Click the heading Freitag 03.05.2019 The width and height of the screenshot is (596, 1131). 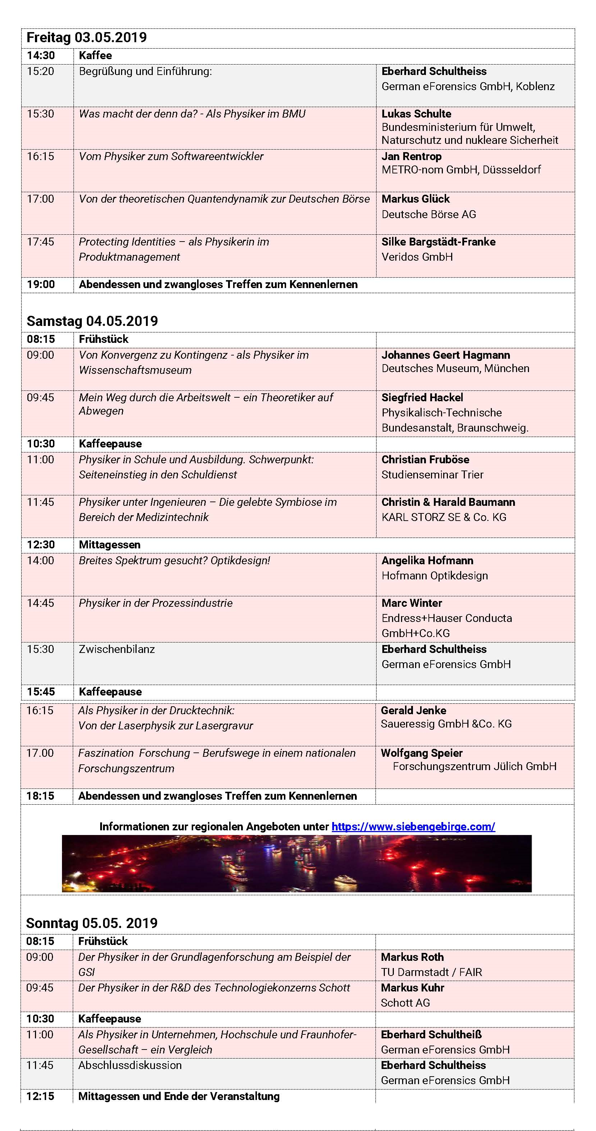tap(86, 38)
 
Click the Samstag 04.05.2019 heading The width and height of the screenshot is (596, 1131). tap(92, 321)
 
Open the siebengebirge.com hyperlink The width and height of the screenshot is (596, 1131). tap(413, 826)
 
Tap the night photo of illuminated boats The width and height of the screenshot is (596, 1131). tap(297, 863)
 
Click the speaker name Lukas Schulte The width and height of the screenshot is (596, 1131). tap(416, 114)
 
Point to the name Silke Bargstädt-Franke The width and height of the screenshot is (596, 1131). tap(438, 242)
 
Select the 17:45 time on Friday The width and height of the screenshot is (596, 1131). tap(40, 242)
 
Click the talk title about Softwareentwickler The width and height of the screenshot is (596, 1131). tap(171, 156)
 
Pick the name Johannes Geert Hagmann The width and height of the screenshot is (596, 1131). tap(445, 355)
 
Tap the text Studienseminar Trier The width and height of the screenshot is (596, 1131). tap(432, 474)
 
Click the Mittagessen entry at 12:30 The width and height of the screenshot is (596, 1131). tap(110, 544)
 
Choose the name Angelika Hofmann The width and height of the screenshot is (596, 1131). tap(427, 560)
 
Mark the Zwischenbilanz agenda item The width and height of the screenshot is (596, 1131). tap(117, 649)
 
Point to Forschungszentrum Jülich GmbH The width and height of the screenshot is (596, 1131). tap(475, 766)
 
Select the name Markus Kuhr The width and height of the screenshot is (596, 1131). tap(412, 988)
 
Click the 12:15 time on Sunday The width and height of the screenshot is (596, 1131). tap(40, 1096)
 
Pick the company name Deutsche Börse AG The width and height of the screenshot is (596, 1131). tap(428, 214)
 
